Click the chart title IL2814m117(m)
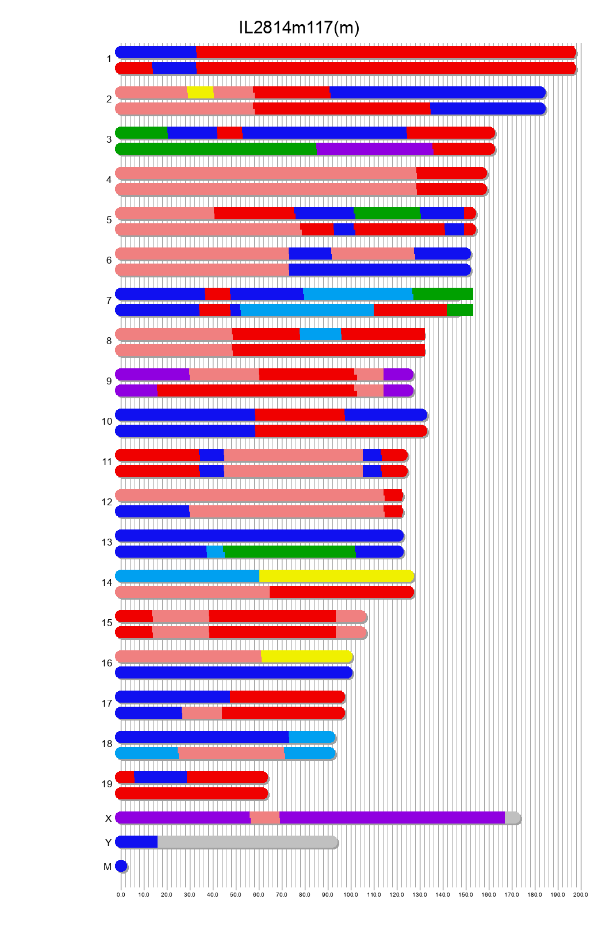point(299,27)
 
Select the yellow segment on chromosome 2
point(201,92)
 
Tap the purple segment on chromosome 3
point(374,149)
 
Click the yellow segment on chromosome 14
point(336,576)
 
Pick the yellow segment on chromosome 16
point(306,657)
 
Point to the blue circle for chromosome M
point(121,866)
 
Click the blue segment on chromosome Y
point(137,842)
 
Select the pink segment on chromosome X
point(265,818)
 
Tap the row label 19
point(107,784)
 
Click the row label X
point(108,818)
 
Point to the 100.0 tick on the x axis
point(351,895)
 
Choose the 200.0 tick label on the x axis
point(581,895)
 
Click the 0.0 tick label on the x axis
point(121,895)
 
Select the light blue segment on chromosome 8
point(320,334)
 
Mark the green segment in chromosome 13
point(289,552)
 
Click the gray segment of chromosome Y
point(247,842)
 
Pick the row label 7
point(109,300)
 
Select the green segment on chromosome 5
point(387,213)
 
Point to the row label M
point(108,867)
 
